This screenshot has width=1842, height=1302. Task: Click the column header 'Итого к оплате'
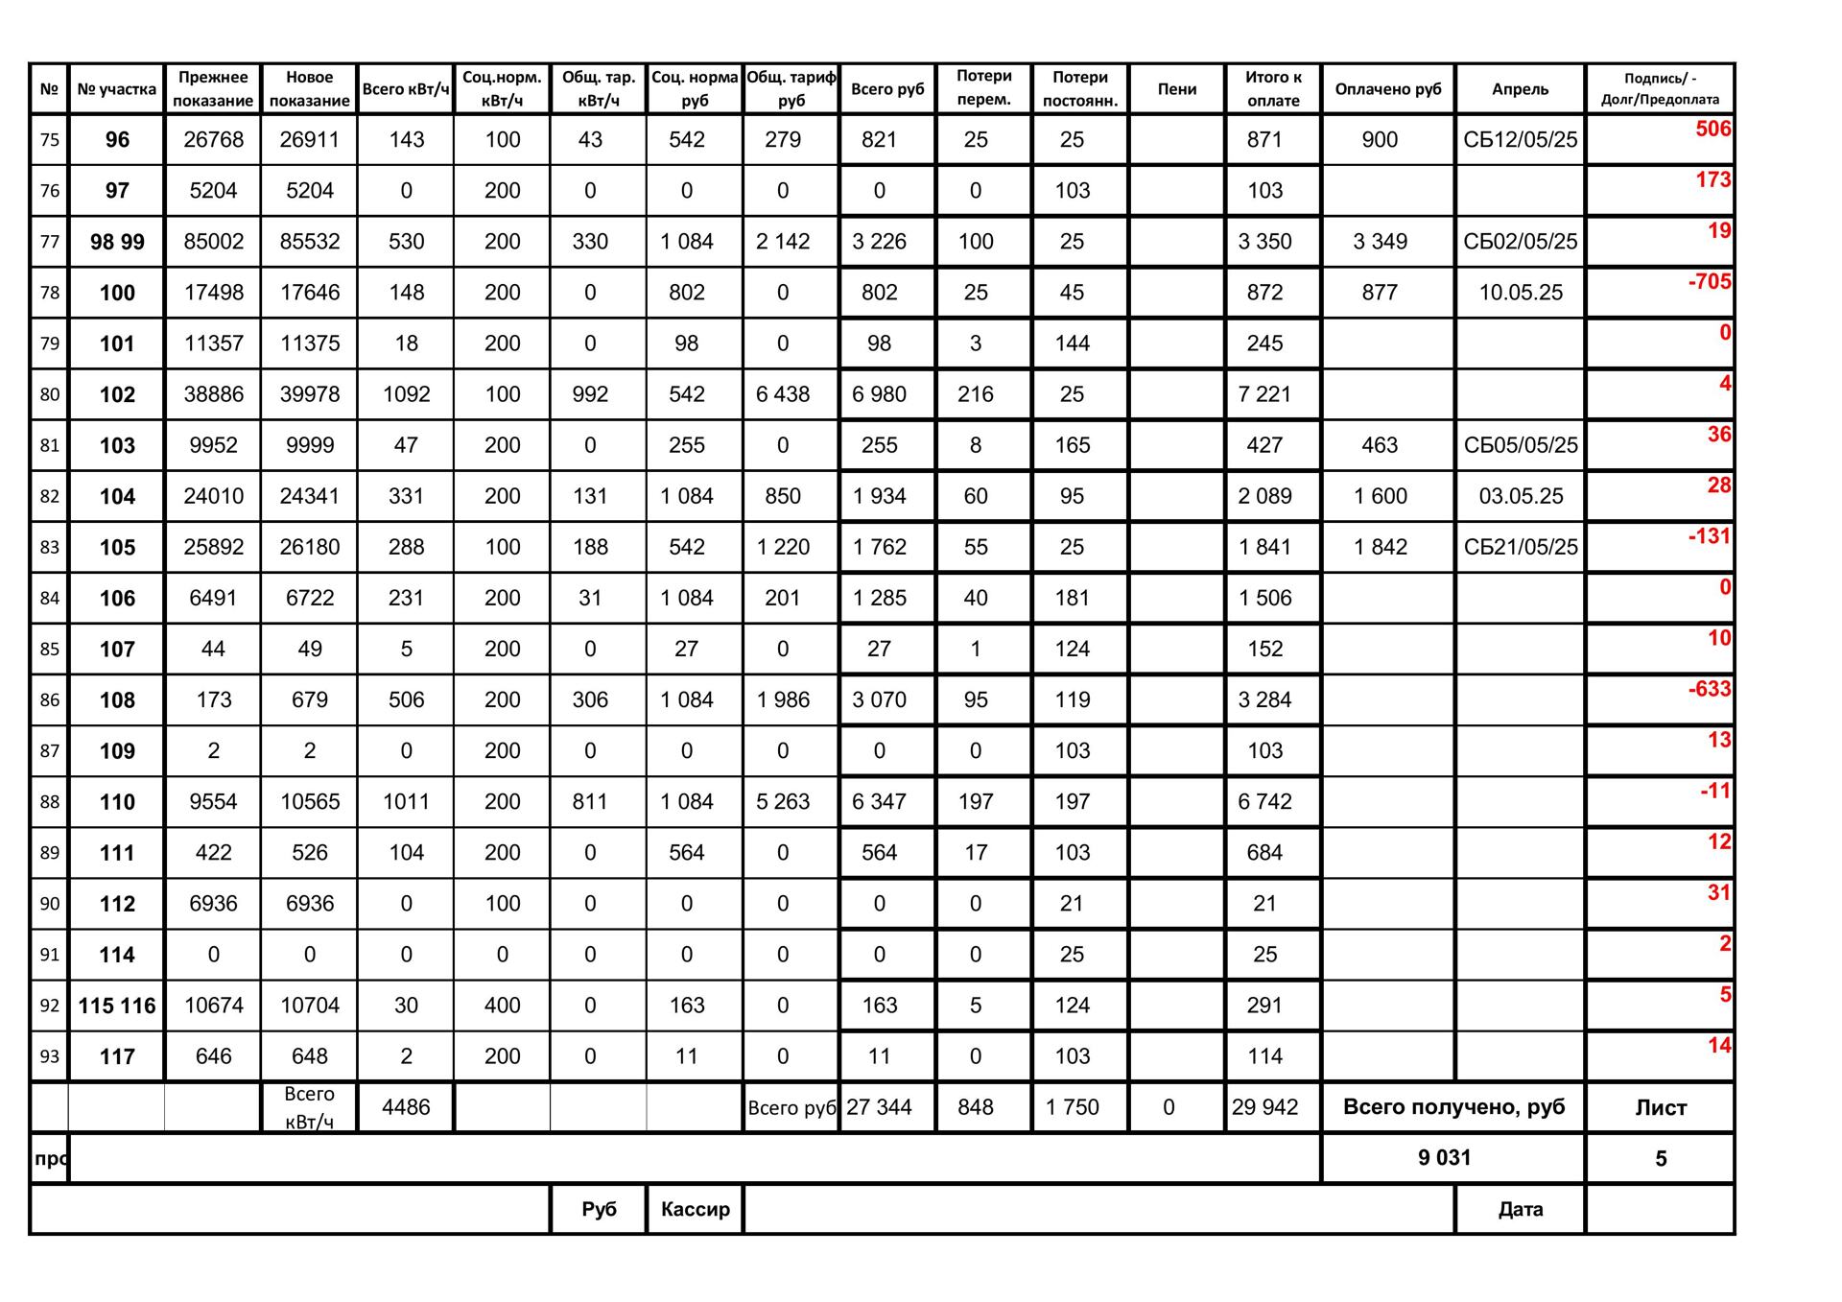click(x=1273, y=89)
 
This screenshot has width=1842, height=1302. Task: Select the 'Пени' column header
click(x=1176, y=89)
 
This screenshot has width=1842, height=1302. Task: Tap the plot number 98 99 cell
click(x=117, y=242)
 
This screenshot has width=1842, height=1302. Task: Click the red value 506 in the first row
click(x=1712, y=130)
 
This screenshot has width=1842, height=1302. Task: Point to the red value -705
click(x=1710, y=282)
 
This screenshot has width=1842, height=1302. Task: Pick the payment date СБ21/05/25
click(x=1520, y=547)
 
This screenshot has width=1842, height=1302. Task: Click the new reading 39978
click(x=309, y=394)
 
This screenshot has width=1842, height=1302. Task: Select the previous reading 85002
click(x=213, y=242)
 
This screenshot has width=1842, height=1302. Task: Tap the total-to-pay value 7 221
click(x=1264, y=394)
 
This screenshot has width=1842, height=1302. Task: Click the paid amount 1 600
click(x=1380, y=496)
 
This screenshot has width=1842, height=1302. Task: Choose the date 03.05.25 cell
click(x=1521, y=496)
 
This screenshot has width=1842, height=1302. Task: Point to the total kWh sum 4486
click(x=406, y=1107)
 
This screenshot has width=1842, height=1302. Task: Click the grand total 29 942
click(x=1264, y=1107)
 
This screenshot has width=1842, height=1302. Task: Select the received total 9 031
click(x=1444, y=1158)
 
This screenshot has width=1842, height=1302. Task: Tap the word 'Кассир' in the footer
click(x=695, y=1209)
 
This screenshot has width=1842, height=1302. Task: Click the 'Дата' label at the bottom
click(x=1520, y=1209)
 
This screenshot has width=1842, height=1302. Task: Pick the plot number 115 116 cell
click(x=117, y=1006)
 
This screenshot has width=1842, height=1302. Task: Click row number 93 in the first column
click(x=49, y=1056)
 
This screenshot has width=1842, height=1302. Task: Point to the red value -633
click(x=1710, y=689)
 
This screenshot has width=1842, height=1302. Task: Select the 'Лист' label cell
click(x=1660, y=1107)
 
